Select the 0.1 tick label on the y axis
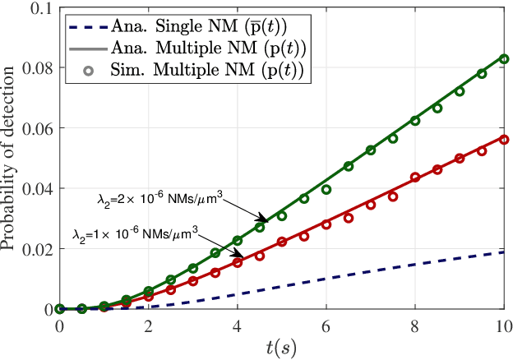[x=39, y=8]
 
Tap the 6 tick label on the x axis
[x=326, y=325]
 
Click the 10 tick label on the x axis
[x=503, y=325]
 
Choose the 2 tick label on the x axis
[x=148, y=325]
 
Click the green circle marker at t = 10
[x=504, y=59]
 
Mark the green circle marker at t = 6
[x=326, y=190]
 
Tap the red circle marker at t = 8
[x=415, y=178]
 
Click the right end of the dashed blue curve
[x=504, y=252]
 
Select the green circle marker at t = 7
[x=371, y=150]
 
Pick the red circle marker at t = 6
[x=326, y=224]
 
